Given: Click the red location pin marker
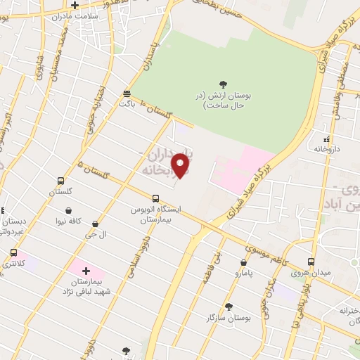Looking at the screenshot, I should [181, 166].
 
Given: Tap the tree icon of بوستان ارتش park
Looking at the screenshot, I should [224, 84].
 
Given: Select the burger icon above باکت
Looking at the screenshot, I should [127, 93].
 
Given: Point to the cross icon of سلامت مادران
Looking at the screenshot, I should [75, 5].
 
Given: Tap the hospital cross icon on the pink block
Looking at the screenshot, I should [86, 271].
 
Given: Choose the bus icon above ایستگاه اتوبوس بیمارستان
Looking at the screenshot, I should [156, 198].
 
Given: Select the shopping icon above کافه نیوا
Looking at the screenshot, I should [68, 210].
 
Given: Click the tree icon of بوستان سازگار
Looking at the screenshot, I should [228, 307].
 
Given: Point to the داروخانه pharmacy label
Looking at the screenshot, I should [328, 150].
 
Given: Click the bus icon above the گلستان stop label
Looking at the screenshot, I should [60, 181].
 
